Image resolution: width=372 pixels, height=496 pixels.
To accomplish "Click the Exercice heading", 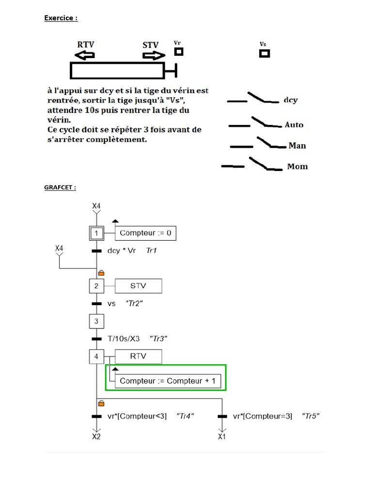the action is [61, 18].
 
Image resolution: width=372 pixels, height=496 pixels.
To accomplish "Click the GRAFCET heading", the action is [60, 187].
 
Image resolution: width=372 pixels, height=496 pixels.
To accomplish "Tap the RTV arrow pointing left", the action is [84, 56].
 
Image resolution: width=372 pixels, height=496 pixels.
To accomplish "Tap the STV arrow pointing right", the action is [154, 56].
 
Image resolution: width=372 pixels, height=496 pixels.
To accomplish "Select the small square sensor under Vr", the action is [179, 51].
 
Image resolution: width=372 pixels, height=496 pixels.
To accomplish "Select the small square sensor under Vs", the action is [264, 53].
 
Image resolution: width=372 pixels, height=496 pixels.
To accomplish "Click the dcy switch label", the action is [291, 100].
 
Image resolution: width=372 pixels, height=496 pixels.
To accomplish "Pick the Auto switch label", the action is [294, 125].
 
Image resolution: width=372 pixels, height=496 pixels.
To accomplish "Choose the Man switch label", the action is [297, 146].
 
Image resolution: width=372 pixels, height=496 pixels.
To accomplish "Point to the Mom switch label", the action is [297, 167].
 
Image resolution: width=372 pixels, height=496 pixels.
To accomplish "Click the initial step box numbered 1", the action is [96, 233].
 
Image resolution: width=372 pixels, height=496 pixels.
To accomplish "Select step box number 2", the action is [96, 286].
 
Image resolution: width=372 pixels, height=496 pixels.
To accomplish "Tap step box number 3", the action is [96, 321].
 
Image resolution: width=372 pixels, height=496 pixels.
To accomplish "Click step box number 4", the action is [96, 357].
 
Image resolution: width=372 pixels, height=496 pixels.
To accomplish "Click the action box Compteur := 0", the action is [145, 233].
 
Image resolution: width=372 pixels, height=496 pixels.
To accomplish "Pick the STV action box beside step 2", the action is [138, 286].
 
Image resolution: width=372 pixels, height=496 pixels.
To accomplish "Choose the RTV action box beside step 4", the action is [138, 357].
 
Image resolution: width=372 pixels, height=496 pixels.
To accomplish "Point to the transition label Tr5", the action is [310, 416].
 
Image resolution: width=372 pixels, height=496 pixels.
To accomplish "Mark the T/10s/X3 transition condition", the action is [124, 339].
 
